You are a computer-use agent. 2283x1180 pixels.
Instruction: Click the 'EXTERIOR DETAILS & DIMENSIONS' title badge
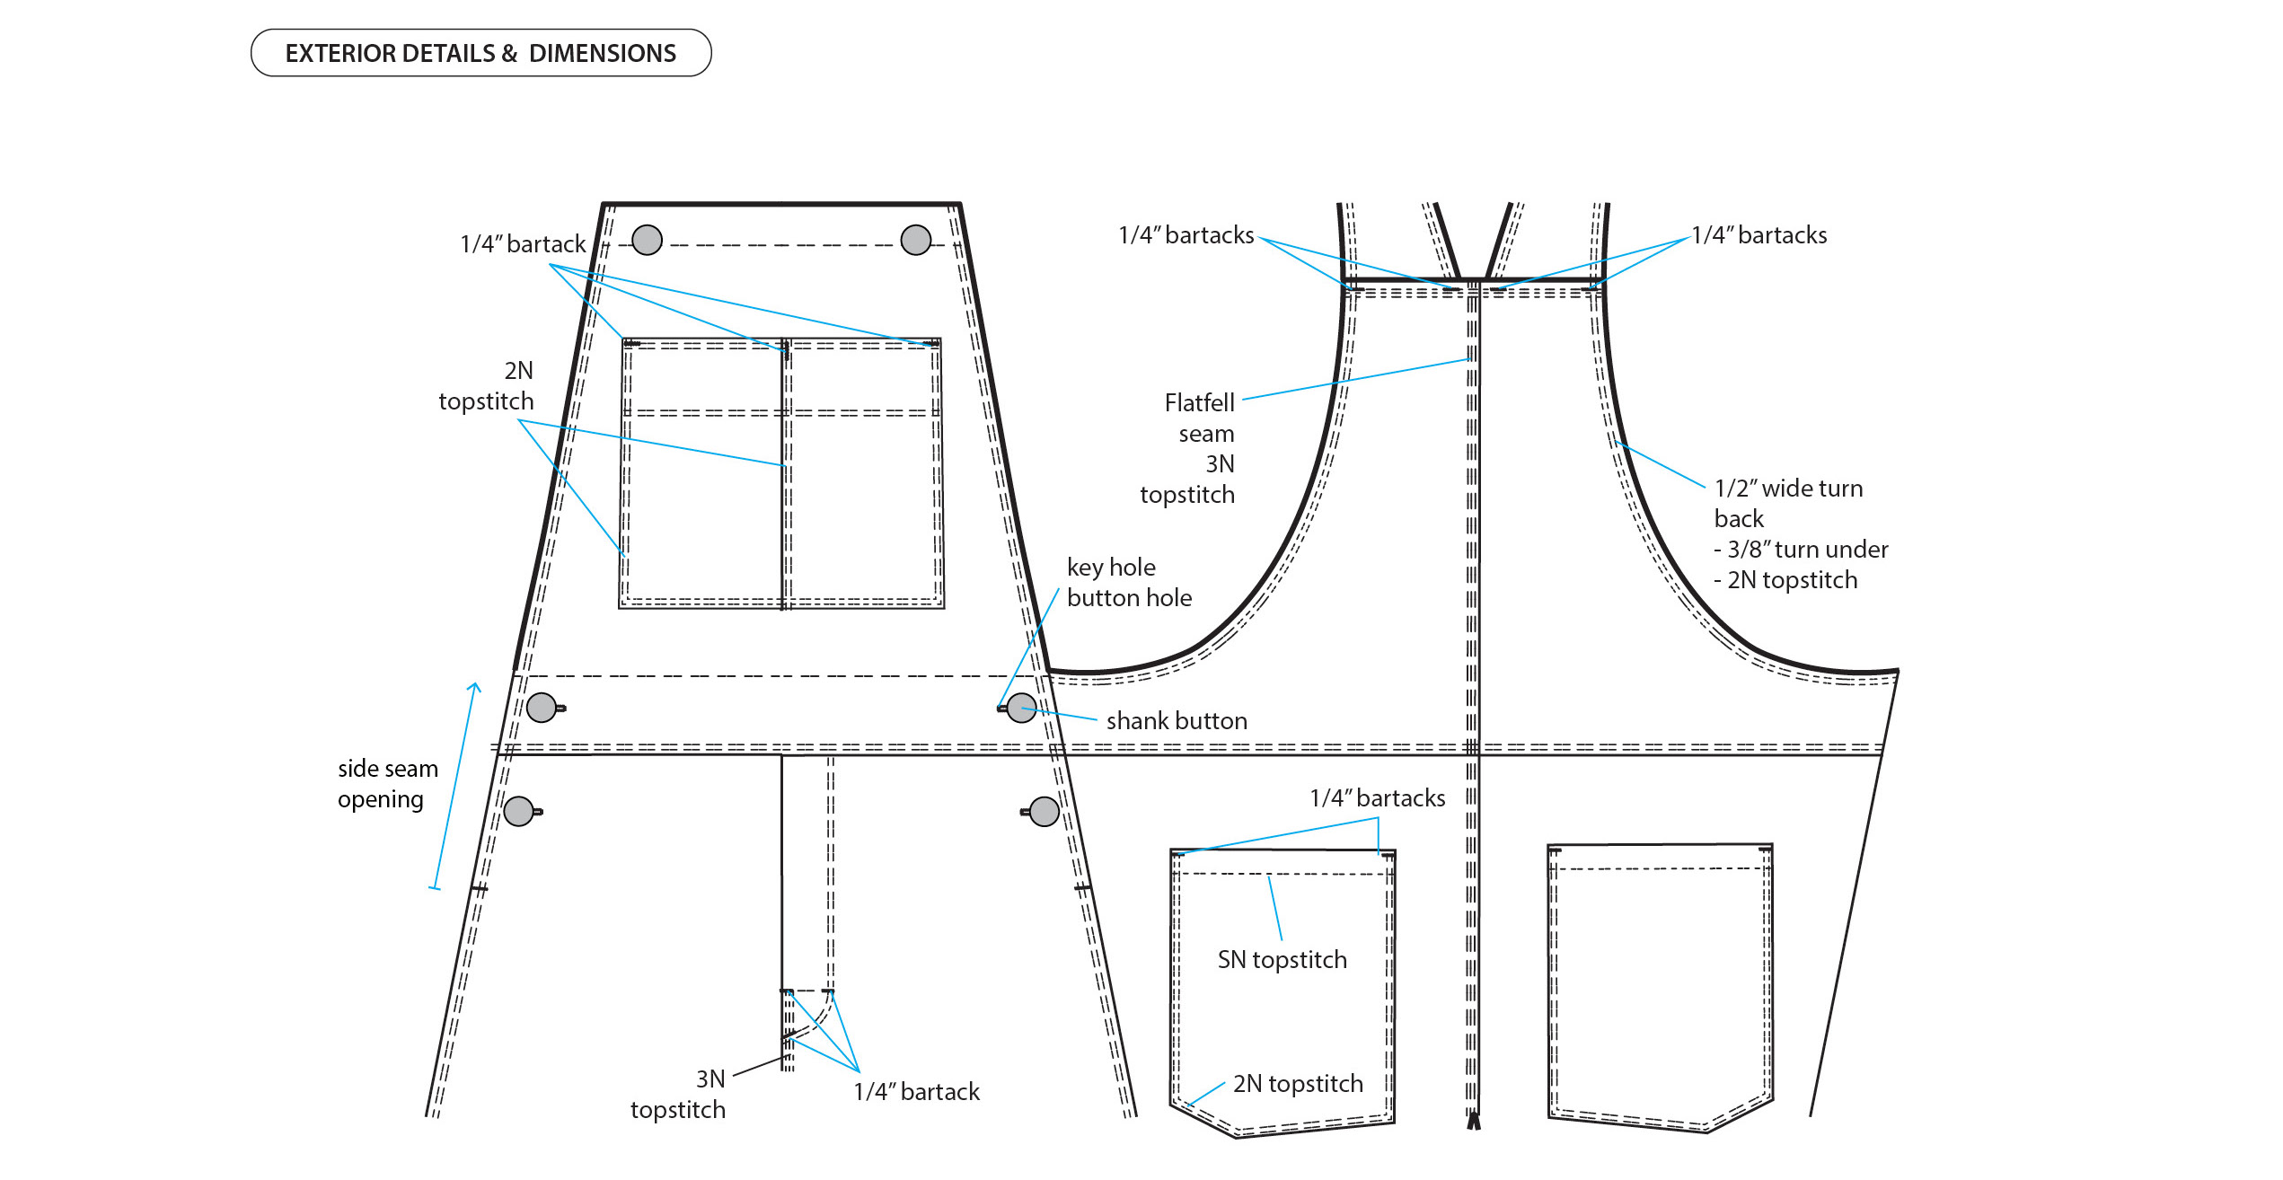coord(480,53)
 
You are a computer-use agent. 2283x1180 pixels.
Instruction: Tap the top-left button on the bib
coord(647,240)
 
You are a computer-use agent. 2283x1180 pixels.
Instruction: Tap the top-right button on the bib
coord(915,240)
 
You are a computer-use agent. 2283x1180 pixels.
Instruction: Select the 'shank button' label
coord(1177,721)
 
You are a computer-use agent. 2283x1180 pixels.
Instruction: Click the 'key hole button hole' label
coord(1129,583)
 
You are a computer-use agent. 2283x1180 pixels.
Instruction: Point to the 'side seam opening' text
coord(387,784)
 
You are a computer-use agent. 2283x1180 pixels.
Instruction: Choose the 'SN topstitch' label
coord(1282,960)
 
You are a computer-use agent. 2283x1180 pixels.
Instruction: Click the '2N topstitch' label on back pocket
coord(1298,1084)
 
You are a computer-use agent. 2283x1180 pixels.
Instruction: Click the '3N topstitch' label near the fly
coord(678,1095)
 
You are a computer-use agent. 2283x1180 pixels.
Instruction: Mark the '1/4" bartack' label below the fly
coord(916,1092)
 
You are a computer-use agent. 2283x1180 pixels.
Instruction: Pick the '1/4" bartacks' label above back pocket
coord(1377,798)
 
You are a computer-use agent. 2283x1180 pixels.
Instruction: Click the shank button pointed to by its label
coord(1021,708)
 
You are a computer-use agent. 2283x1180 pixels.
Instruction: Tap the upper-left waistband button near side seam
coord(542,708)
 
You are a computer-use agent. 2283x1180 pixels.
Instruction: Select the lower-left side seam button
coord(519,811)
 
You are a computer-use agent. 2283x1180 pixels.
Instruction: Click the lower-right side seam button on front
coord(1044,811)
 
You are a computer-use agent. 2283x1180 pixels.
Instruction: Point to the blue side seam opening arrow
coord(454,786)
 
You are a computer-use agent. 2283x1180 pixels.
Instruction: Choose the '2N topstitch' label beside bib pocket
coord(486,386)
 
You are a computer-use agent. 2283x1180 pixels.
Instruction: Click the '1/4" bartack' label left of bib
coord(522,244)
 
